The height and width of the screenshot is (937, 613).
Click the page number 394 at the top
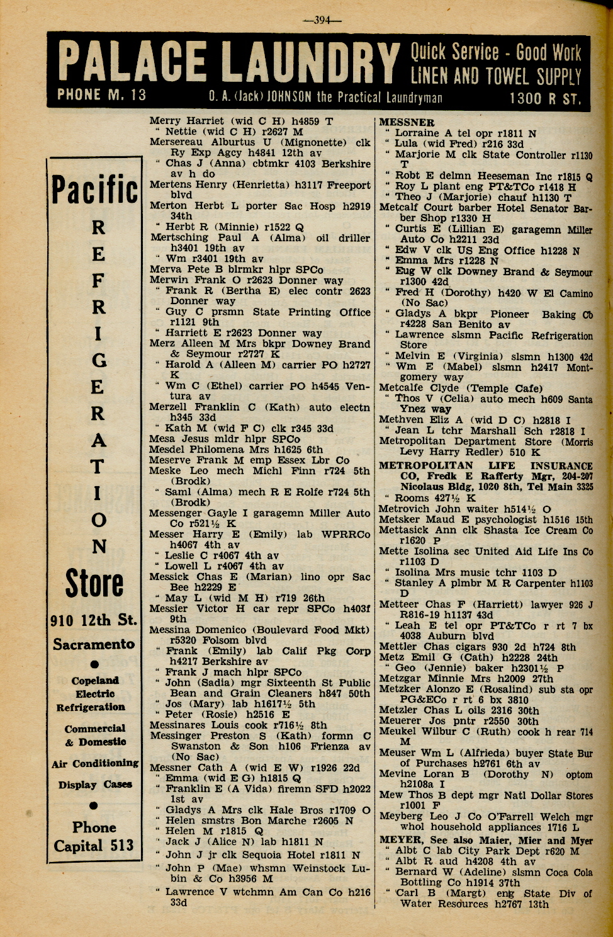tap(322, 20)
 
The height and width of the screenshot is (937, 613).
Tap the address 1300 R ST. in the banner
tap(545, 98)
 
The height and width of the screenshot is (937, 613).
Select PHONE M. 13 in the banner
tap(101, 95)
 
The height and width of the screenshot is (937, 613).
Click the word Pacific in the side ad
tap(94, 190)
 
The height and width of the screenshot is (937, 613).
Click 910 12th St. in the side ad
tap(94, 621)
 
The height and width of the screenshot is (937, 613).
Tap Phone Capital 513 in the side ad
tap(94, 837)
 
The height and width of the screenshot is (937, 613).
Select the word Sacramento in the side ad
tap(94, 644)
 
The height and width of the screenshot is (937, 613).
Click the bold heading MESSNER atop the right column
tap(407, 122)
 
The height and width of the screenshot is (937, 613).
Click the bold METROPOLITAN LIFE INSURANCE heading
tap(485, 466)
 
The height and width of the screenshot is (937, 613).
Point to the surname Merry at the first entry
tap(165, 121)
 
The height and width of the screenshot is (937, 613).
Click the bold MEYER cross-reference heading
tap(400, 840)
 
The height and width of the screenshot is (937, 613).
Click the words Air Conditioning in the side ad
tap(95, 763)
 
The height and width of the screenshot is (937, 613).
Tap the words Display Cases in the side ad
tap(95, 785)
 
